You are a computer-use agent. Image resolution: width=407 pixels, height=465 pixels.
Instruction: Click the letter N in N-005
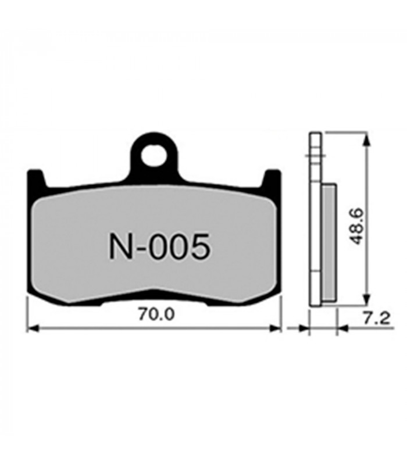[118, 247]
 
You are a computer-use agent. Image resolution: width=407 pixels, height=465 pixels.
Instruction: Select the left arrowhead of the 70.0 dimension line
[33, 328]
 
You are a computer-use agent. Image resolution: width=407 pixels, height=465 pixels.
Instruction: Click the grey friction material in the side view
[329, 244]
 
